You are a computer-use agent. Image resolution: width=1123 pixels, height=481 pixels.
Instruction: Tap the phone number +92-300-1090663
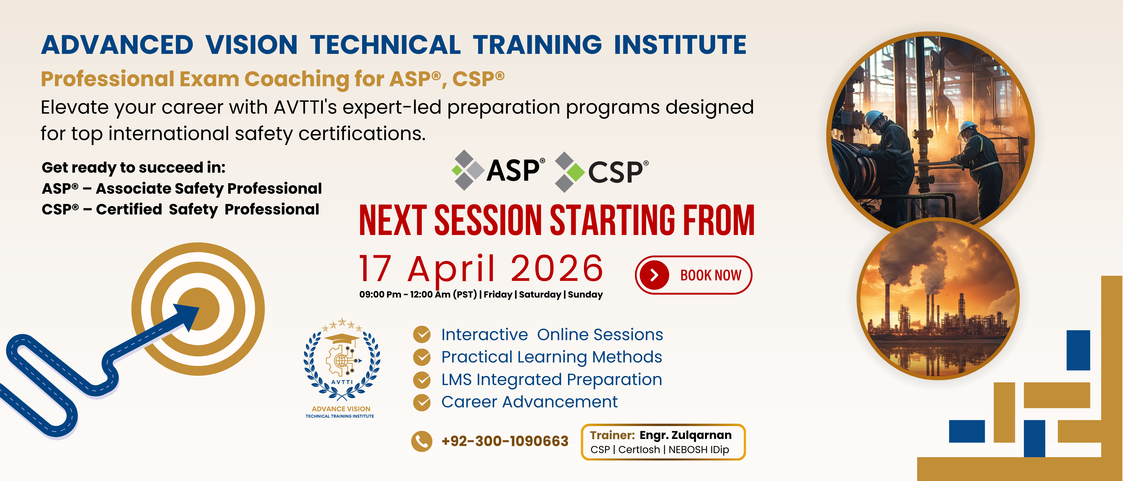(505, 441)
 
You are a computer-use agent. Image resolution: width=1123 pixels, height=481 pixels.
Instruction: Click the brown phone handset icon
(421, 441)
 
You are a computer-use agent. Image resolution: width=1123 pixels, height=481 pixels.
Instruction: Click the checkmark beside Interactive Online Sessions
(421, 335)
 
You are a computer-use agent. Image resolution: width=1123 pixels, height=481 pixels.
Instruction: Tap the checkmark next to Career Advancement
(421, 402)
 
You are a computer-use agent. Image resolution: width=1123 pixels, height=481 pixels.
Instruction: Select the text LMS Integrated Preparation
(551, 379)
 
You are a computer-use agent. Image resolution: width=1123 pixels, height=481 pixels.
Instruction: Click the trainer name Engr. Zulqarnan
(685, 435)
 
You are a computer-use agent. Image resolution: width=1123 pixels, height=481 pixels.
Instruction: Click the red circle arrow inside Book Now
(654, 275)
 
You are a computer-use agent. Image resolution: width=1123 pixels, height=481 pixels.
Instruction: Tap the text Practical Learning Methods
(551, 357)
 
